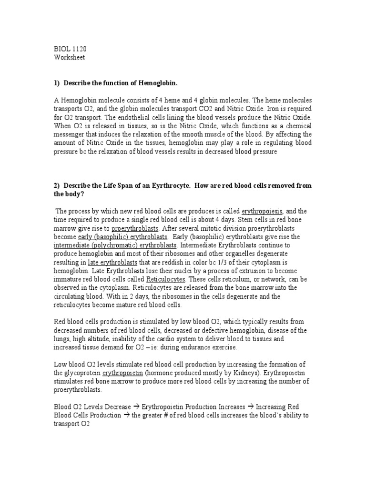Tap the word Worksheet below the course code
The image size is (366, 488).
pyautogui.click(x=69, y=58)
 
